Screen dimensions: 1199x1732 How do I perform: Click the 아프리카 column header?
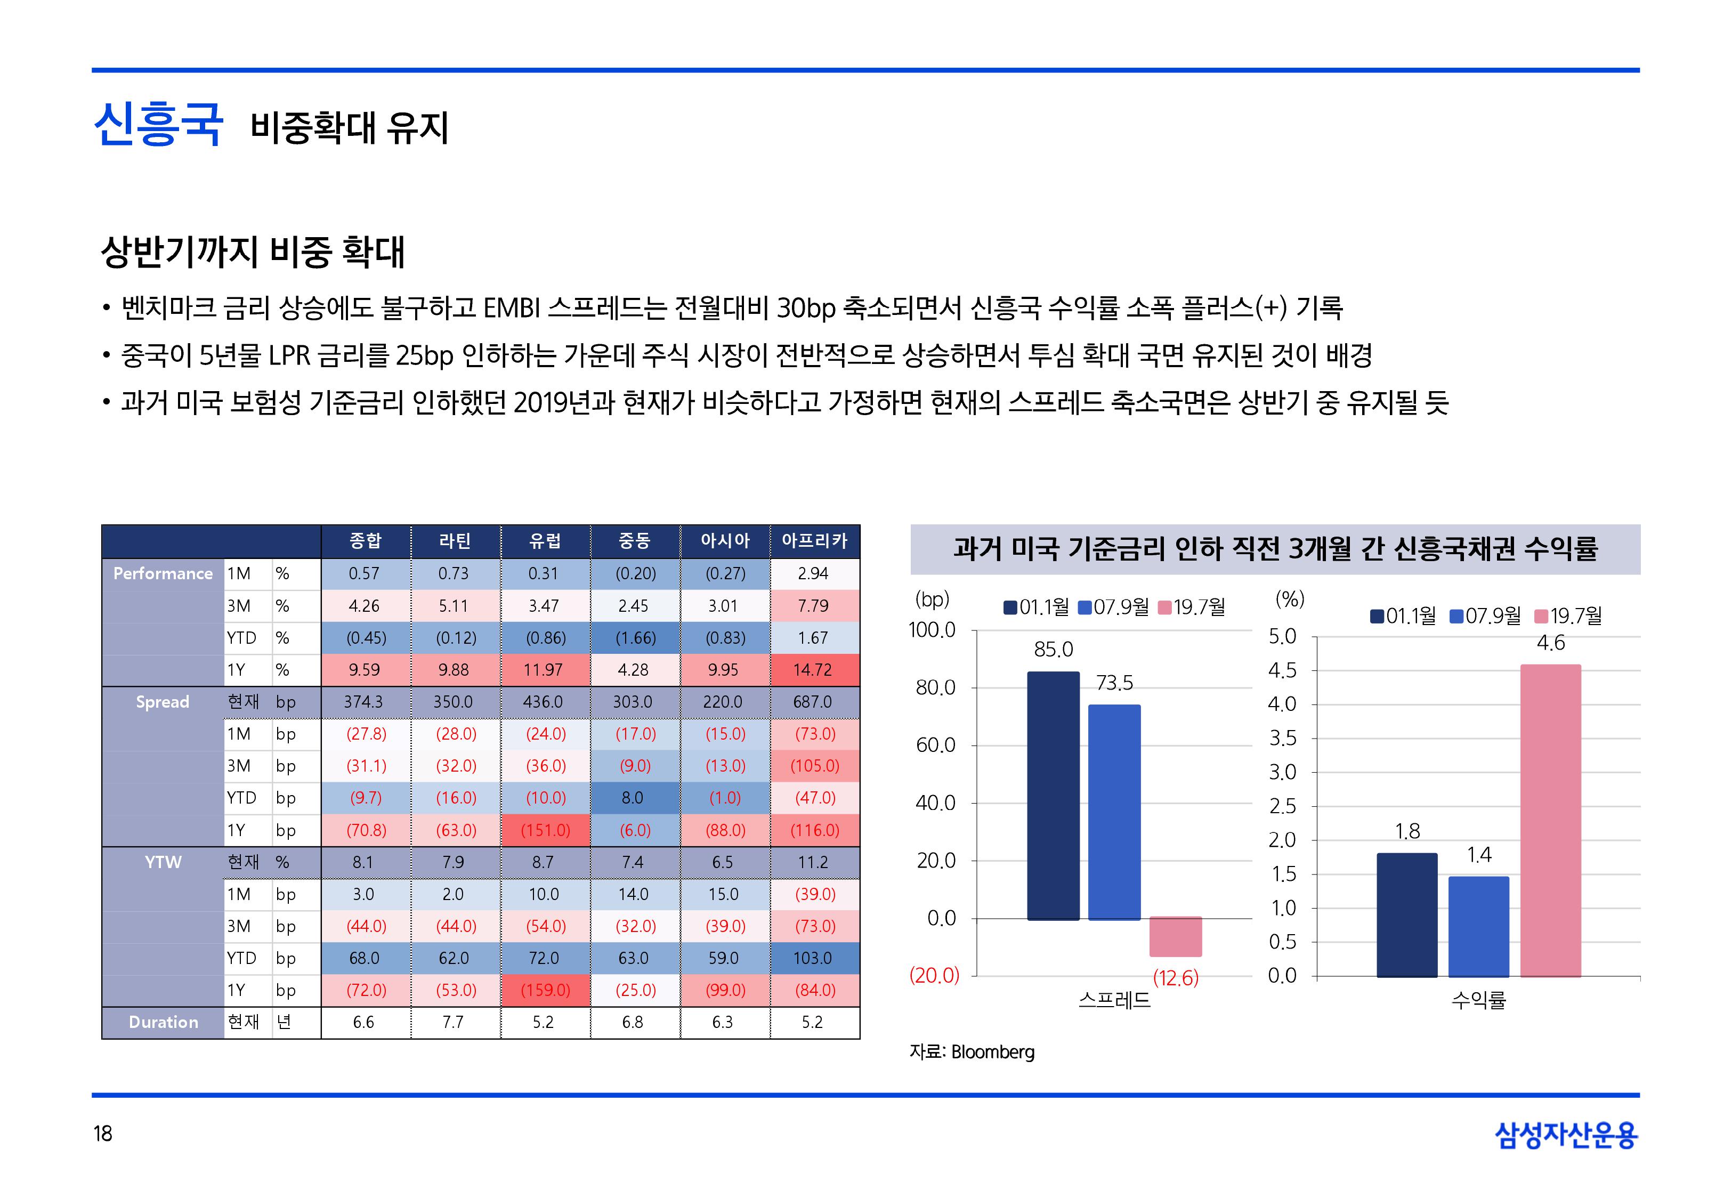point(814,541)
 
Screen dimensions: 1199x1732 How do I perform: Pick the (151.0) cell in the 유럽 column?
point(545,830)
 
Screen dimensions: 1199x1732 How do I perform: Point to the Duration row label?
point(163,1023)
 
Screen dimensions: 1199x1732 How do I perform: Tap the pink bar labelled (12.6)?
point(1176,936)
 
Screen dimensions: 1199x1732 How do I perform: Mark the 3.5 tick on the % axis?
point(1282,739)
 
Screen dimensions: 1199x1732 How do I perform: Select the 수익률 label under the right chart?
point(1478,1000)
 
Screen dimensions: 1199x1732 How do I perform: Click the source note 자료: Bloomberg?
point(972,1052)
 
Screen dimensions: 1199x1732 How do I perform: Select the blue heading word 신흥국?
point(158,125)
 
